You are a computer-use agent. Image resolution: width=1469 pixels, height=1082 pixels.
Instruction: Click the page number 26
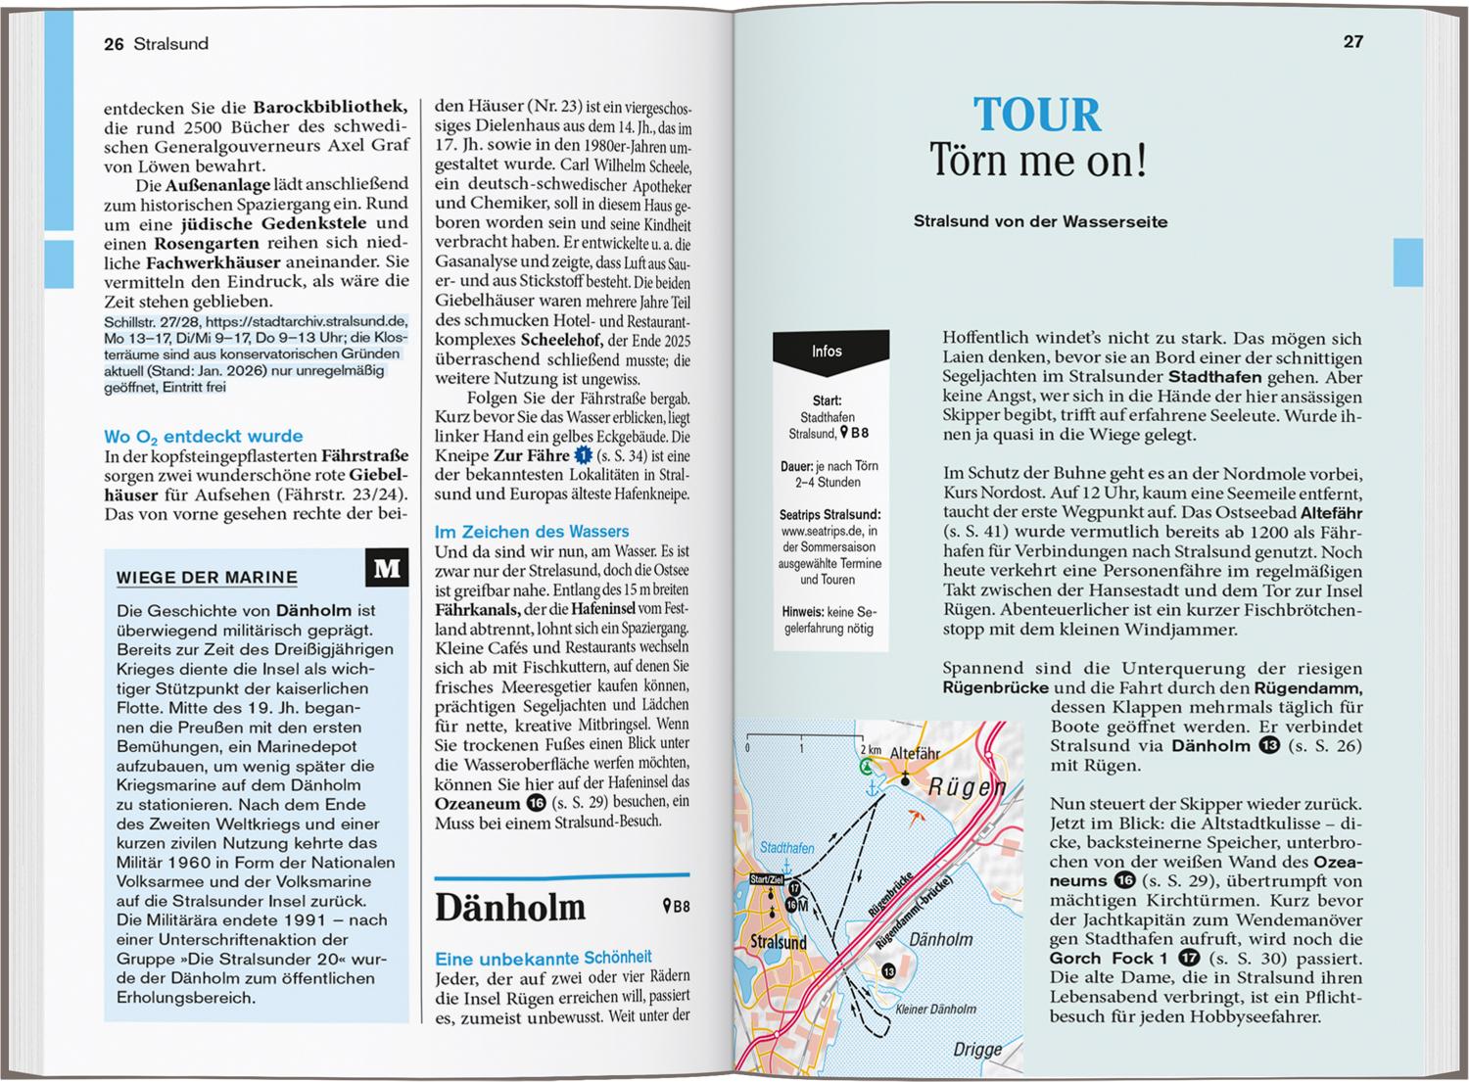(114, 44)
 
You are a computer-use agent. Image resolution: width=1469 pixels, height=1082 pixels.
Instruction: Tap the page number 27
(1352, 41)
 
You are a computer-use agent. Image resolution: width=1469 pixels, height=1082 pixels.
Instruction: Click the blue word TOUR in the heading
(1037, 116)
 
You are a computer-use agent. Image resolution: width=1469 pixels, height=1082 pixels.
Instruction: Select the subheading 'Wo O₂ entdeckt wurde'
(203, 436)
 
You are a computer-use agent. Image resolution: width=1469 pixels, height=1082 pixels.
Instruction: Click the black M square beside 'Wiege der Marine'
(387, 568)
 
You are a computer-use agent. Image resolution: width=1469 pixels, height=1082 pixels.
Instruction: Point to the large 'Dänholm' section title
(509, 908)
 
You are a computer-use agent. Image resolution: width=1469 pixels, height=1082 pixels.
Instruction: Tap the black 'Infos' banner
(829, 352)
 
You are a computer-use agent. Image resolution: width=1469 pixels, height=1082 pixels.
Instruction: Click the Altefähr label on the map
(915, 753)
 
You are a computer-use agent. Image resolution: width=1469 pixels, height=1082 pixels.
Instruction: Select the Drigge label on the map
(977, 1049)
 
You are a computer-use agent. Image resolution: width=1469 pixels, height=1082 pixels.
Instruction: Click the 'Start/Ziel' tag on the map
(766, 878)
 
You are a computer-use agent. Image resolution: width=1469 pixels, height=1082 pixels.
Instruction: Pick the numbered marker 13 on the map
(888, 970)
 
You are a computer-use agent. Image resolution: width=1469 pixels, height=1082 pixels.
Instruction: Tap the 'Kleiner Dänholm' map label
(935, 1009)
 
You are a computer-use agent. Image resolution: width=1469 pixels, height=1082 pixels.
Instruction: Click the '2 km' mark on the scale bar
(870, 749)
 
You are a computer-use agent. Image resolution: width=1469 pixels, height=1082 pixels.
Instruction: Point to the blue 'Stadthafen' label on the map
(786, 847)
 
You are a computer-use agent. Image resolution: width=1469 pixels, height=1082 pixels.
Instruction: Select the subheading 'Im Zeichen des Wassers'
(532, 531)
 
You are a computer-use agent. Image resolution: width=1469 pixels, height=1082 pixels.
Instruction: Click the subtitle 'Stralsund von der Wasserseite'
(1040, 221)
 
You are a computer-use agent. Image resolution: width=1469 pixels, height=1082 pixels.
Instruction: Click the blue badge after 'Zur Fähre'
(583, 455)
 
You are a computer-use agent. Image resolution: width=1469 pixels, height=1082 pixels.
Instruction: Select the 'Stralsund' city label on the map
(778, 942)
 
